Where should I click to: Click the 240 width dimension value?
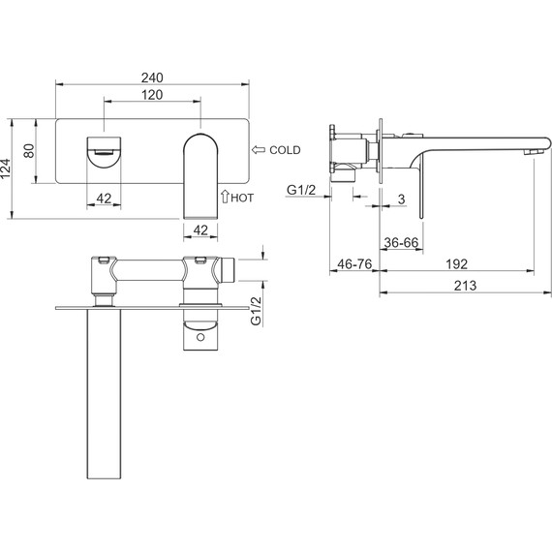tap(152, 77)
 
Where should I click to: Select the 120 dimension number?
tap(152, 95)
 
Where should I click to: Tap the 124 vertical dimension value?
tap(6, 169)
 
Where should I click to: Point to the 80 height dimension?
tap(29, 151)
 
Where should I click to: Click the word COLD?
tap(285, 150)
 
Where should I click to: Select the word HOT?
tap(242, 198)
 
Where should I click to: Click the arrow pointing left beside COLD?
tap(259, 150)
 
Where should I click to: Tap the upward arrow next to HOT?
tap(225, 197)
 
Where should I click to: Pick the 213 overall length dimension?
tap(465, 286)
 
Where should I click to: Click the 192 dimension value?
tap(456, 264)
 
